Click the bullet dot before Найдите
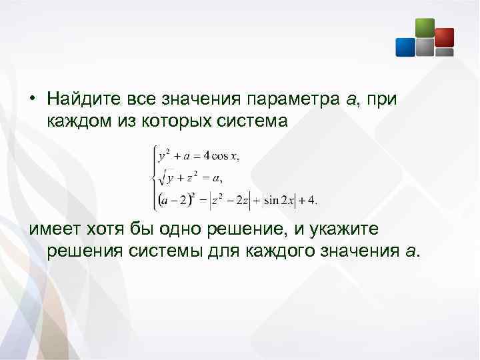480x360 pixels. pos(32,100)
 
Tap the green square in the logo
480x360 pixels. pos(425,27)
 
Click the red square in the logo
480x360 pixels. pos(444,37)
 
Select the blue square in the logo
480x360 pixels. pos(405,47)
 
